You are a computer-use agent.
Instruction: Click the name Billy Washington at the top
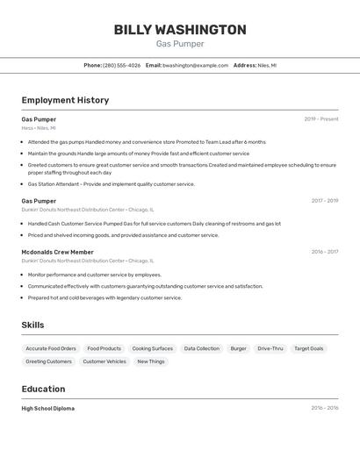(180, 30)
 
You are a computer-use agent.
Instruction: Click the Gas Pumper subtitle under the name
(180, 44)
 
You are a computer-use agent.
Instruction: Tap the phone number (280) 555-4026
(121, 65)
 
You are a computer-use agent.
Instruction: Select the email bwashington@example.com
(195, 65)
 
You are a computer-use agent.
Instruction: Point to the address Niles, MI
(267, 65)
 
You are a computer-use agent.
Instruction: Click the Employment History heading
(65, 100)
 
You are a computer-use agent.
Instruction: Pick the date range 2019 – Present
(321, 119)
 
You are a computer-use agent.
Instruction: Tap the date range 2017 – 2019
(325, 201)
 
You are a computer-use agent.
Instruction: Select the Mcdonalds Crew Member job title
(57, 252)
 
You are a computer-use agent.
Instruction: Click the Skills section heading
(32, 325)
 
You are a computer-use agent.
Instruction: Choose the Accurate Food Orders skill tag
(51, 348)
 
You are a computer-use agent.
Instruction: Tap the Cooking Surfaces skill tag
(153, 348)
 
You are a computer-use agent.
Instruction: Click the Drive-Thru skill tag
(270, 348)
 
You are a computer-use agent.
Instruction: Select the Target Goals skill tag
(309, 348)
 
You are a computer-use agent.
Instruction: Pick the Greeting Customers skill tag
(48, 361)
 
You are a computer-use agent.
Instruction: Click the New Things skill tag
(151, 361)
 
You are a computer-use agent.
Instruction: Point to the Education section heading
(43, 389)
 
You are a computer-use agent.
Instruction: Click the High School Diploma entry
(47, 408)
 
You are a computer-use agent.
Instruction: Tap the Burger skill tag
(239, 348)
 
